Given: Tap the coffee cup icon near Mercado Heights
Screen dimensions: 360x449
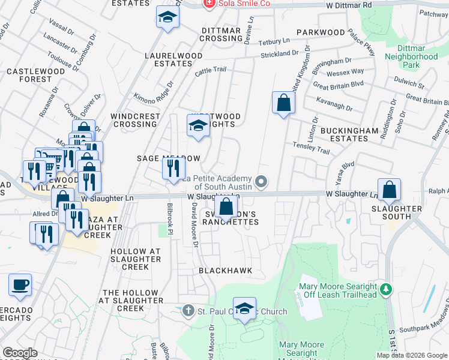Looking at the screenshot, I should point(20,284).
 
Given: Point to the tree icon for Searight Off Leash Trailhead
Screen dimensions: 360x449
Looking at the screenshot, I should point(387,290).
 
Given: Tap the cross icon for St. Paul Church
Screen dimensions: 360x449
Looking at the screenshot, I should point(188,311).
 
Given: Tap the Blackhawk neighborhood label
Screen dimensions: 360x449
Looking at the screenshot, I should point(226,271).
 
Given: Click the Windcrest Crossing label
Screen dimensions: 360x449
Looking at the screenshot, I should point(136,120).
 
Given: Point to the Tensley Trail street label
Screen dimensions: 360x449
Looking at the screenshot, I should point(311,148).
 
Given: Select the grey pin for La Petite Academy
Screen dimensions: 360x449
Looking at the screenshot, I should point(261,181).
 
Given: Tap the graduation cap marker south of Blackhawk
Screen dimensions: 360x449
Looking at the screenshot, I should point(244,308).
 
